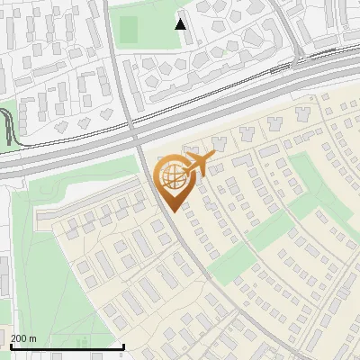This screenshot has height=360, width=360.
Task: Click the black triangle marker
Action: point(181,23)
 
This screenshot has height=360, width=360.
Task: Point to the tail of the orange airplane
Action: point(186,165)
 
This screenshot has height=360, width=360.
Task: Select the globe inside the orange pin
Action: point(171,175)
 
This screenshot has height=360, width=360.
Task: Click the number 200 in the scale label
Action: point(19,338)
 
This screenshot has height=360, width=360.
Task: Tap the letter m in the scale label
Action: point(32,338)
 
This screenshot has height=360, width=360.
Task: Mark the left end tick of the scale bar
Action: point(11,346)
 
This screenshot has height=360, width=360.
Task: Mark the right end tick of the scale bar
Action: point(123,346)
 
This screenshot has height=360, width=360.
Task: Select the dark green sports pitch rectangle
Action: point(128,30)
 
